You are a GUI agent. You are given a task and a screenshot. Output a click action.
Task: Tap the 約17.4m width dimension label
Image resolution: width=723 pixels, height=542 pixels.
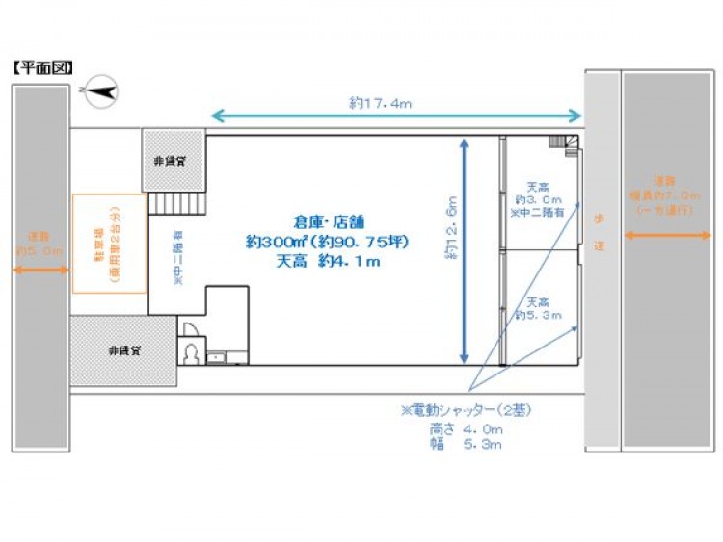tap(382, 102)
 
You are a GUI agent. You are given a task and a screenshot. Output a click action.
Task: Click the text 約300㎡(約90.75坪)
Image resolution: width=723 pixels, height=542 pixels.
tap(328, 241)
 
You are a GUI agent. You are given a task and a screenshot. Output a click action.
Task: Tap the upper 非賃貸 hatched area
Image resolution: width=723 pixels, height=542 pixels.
tap(173, 161)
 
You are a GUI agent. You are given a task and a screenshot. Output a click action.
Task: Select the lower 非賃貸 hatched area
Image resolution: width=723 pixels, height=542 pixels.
tap(123, 350)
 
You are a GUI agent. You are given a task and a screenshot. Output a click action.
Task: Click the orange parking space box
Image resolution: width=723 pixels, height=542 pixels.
tap(110, 243)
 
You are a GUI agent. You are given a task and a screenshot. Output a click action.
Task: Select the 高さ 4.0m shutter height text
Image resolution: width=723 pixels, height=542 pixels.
tap(467, 428)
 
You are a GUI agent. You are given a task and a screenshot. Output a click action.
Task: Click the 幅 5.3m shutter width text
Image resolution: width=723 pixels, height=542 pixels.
tap(467, 445)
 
